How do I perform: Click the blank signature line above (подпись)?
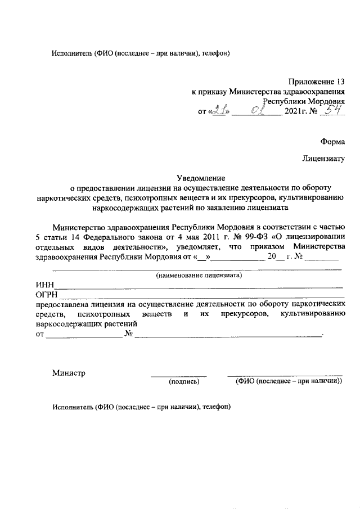point(178,375)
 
